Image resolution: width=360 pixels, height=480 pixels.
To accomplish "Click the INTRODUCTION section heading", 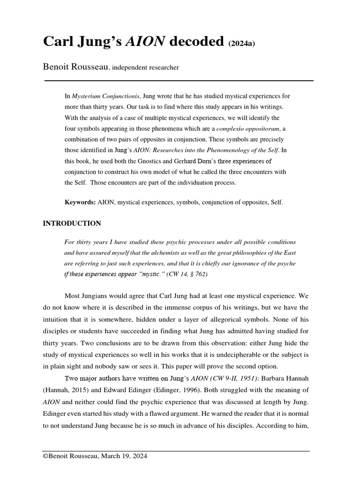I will (72, 224).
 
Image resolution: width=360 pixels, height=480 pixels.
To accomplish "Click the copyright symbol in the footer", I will (46, 456).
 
